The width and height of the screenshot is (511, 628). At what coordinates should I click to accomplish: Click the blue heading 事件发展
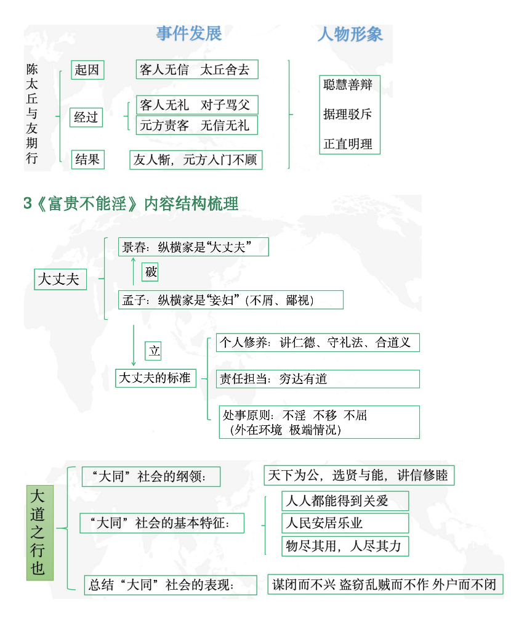point(189,33)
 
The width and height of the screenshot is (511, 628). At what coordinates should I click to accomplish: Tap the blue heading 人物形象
point(350,34)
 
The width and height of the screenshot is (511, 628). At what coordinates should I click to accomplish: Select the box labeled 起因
point(87,70)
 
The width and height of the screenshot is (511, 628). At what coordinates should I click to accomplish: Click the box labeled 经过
point(86,117)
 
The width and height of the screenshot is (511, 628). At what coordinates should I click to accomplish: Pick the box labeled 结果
point(87,160)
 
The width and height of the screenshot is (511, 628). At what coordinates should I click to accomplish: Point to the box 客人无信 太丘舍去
point(197,69)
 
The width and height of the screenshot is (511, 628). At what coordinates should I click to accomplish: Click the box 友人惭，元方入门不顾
point(196,160)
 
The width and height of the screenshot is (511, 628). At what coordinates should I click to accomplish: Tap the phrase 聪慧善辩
point(348,84)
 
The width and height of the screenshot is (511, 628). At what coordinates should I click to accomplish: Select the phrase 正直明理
point(348,144)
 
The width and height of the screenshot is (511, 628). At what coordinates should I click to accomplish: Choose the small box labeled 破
point(150,272)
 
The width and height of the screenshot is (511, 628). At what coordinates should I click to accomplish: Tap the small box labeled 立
point(153,351)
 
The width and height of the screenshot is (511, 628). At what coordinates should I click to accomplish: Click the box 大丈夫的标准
point(156,378)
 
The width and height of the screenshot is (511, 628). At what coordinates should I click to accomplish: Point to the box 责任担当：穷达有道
point(318,379)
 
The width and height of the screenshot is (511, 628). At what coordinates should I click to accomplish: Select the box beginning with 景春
point(193,247)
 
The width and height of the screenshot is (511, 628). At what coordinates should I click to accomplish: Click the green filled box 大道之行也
point(40,532)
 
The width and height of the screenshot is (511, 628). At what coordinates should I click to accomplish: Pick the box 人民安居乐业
point(345,523)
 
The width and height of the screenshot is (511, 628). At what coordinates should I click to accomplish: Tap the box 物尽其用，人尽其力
point(345,546)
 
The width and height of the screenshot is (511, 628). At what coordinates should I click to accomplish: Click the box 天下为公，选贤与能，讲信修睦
point(359,475)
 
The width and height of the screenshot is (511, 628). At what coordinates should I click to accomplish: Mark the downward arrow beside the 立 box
point(134,345)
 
